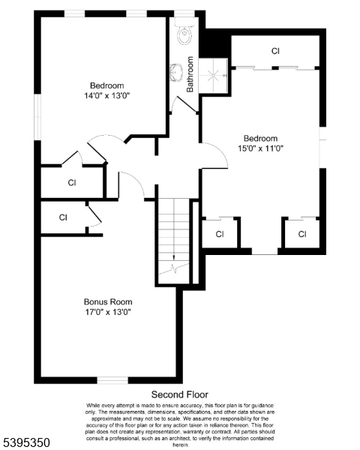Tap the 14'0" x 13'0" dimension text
107,95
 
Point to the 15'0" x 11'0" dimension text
260,148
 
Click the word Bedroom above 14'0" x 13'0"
107,85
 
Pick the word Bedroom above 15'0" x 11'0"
260,138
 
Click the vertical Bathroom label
190,74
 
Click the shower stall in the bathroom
216,73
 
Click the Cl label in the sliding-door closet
275,51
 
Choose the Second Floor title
180,394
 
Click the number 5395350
27,443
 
